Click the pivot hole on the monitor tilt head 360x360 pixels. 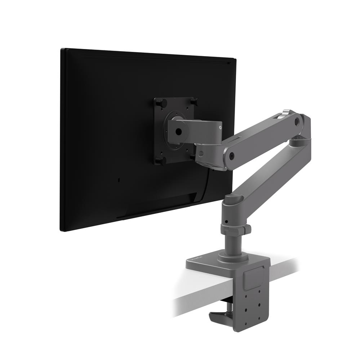pos(178,132)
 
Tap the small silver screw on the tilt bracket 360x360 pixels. pos(219,126)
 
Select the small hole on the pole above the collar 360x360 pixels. pos(226,221)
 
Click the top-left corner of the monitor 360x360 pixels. pos(62,50)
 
